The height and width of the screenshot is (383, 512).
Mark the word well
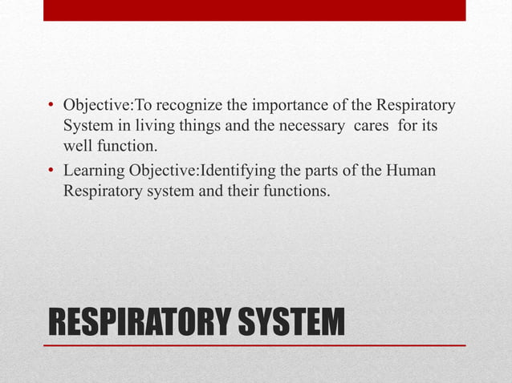pyautogui.click(x=77, y=147)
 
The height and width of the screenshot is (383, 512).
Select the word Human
pyautogui.click(x=412, y=171)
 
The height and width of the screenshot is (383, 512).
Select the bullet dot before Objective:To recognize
pyautogui.click(x=51, y=106)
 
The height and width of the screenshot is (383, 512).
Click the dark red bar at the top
pyautogui.click(x=254, y=10)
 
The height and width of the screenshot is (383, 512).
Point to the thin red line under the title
pyautogui.click(x=254, y=345)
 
